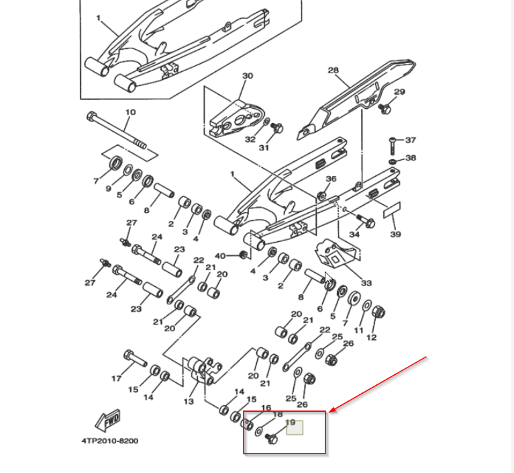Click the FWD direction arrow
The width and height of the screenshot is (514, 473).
click(x=108, y=421)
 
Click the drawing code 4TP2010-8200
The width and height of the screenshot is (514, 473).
click(x=110, y=441)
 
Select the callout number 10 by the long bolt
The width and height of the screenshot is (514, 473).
click(x=130, y=112)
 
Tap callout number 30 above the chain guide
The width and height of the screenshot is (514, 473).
click(x=248, y=76)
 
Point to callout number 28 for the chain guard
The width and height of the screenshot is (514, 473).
click(x=333, y=71)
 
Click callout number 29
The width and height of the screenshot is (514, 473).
click(x=399, y=92)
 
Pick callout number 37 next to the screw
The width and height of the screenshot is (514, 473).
click(x=411, y=140)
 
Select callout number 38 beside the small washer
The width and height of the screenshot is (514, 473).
click(x=411, y=158)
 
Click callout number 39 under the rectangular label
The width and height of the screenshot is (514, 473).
click(x=396, y=234)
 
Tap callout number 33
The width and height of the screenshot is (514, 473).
click(x=366, y=283)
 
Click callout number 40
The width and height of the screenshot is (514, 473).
click(x=220, y=256)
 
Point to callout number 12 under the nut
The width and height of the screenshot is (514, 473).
click(x=371, y=337)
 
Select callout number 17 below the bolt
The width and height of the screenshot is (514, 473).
click(x=116, y=378)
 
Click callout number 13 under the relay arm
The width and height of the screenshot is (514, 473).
click(x=189, y=401)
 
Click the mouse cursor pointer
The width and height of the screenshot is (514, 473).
click(x=328, y=278)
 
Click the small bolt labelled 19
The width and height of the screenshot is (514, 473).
click(x=271, y=439)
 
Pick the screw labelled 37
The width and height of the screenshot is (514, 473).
click(x=392, y=146)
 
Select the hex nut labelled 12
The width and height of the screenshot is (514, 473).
click(x=378, y=312)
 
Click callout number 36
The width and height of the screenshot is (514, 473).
click(x=331, y=179)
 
